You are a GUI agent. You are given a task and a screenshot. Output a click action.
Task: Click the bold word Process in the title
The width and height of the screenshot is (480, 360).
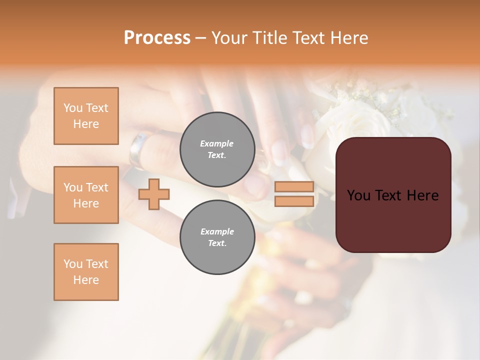(157, 38)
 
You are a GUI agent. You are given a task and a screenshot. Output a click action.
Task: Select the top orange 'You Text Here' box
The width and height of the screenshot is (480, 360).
(86, 116)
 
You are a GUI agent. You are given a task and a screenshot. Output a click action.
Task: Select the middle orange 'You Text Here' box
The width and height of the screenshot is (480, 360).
(86, 195)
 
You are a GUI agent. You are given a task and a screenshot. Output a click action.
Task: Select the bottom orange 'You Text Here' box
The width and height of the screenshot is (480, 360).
(86, 272)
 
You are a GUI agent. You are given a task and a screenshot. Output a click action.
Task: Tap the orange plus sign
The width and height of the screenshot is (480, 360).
(154, 194)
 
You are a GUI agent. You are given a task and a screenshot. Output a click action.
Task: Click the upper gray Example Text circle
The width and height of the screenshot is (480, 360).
(217, 149)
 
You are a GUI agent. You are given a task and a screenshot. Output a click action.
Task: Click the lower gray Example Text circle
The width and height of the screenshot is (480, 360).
(217, 237)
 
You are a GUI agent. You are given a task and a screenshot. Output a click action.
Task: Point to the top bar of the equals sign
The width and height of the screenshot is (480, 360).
(294, 187)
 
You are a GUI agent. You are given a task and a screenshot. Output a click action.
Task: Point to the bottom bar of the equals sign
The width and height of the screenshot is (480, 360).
(294, 201)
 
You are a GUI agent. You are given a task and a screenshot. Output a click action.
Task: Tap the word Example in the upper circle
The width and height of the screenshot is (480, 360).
(217, 143)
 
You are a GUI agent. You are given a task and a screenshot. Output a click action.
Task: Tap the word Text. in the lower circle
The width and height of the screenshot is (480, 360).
(217, 243)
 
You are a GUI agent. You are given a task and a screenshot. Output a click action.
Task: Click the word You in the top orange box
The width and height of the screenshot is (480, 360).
(73, 108)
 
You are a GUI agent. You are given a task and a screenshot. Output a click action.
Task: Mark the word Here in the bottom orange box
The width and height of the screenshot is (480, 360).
(86, 280)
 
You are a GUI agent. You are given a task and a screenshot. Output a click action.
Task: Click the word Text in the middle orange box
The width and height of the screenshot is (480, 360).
(96, 187)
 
